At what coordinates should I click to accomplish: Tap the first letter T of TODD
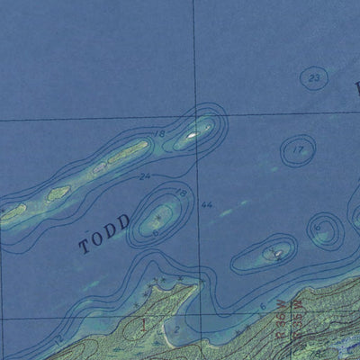85,247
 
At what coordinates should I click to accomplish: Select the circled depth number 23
312,79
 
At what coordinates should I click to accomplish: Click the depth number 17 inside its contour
298,150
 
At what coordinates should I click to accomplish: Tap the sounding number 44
206,205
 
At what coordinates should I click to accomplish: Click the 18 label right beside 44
180,193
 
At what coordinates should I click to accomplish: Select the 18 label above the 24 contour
160,134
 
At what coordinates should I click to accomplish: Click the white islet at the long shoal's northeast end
193,136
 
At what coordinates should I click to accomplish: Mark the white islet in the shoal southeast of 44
276,254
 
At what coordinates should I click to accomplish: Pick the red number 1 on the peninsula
140,322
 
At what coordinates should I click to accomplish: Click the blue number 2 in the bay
177,330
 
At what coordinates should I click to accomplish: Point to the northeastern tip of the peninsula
193,287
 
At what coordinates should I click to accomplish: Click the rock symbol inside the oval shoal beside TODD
158,216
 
